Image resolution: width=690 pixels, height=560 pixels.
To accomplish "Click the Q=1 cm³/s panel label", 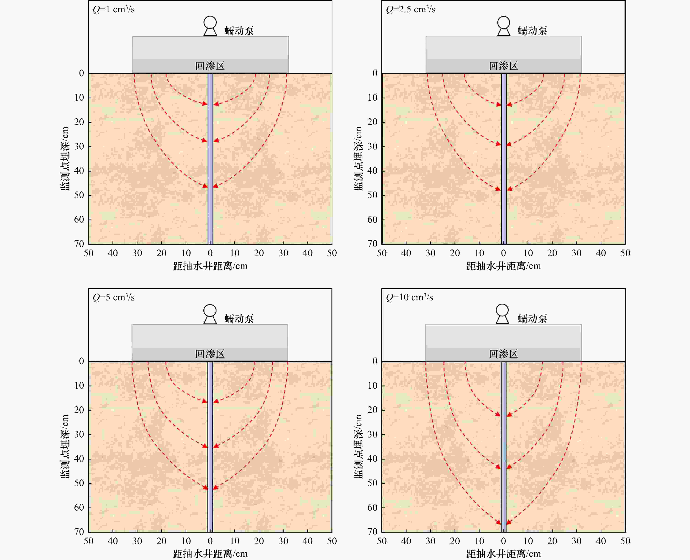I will pyautogui.click(x=114, y=9).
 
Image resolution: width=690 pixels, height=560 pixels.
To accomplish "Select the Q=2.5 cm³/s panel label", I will pyautogui.click(x=410, y=9).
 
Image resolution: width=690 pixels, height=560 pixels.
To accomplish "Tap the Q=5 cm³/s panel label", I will pyautogui.click(x=114, y=297).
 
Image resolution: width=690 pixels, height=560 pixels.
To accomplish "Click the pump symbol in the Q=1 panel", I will pyautogui.click(x=210, y=26).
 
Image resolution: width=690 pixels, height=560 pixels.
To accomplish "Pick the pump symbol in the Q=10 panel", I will pyautogui.click(x=502, y=314).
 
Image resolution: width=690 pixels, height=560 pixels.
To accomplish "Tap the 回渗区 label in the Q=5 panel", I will pyautogui.click(x=210, y=354).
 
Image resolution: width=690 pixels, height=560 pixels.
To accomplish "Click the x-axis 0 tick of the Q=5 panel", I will pyautogui.click(x=210, y=541).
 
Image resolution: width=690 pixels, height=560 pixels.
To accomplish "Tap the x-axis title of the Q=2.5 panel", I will pyautogui.click(x=503, y=266).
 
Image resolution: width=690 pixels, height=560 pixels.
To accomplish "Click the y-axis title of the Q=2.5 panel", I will pyautogui.click(x=358, y=159).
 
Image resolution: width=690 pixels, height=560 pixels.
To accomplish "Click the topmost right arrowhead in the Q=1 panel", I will pyautogui.click(x=216, y=104).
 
